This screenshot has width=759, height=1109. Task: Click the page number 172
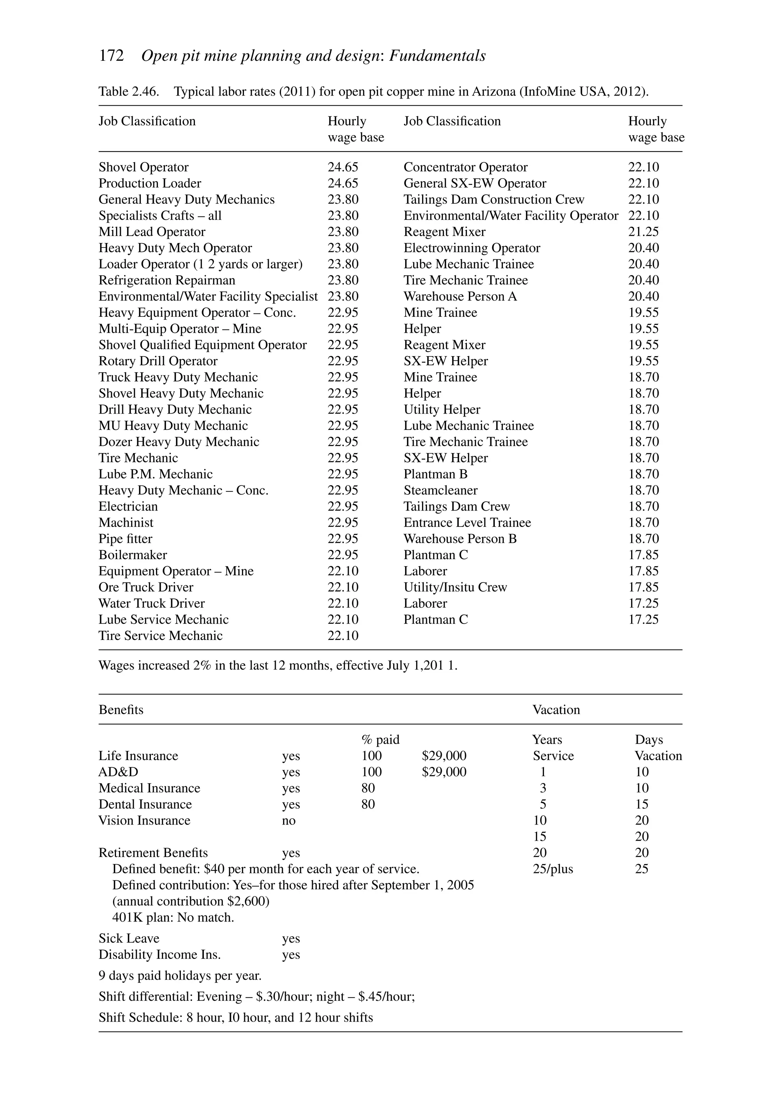pyautogui.click(x=111, y=56)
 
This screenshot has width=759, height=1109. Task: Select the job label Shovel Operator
pyautogui.click(x=143, y=167)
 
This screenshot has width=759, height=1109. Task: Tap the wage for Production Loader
pyautogui.click(x=343, y=183)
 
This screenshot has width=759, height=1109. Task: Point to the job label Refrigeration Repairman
pyautogui.click(x=167, y=280)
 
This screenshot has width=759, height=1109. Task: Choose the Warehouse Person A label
pyautogui.click(x=460, y=296)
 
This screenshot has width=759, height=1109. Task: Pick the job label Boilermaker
pyautogui.click(x=133, y=555)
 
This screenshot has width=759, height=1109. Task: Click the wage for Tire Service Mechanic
pyautogui.click(x=343, y=635)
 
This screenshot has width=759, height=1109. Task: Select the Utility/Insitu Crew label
pyautogui.click(x=455, y=587)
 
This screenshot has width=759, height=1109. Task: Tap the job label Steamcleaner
pyautogui.click(x=440, y=490)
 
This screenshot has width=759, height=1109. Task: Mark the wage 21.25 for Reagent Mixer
pyautogui.click(x=643, y=232)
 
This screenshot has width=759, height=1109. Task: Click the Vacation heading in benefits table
pyautogui.click(x=556, y=710)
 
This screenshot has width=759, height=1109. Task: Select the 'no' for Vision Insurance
pyautogui.click(x=289, y=821)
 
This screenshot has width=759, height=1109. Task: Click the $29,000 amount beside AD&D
pyautogui.click(x=444, y=772)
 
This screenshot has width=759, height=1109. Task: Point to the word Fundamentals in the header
pyautogui.click(x=437, y=56)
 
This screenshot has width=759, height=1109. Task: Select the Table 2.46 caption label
pyautogui.click(x=128, y=91)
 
